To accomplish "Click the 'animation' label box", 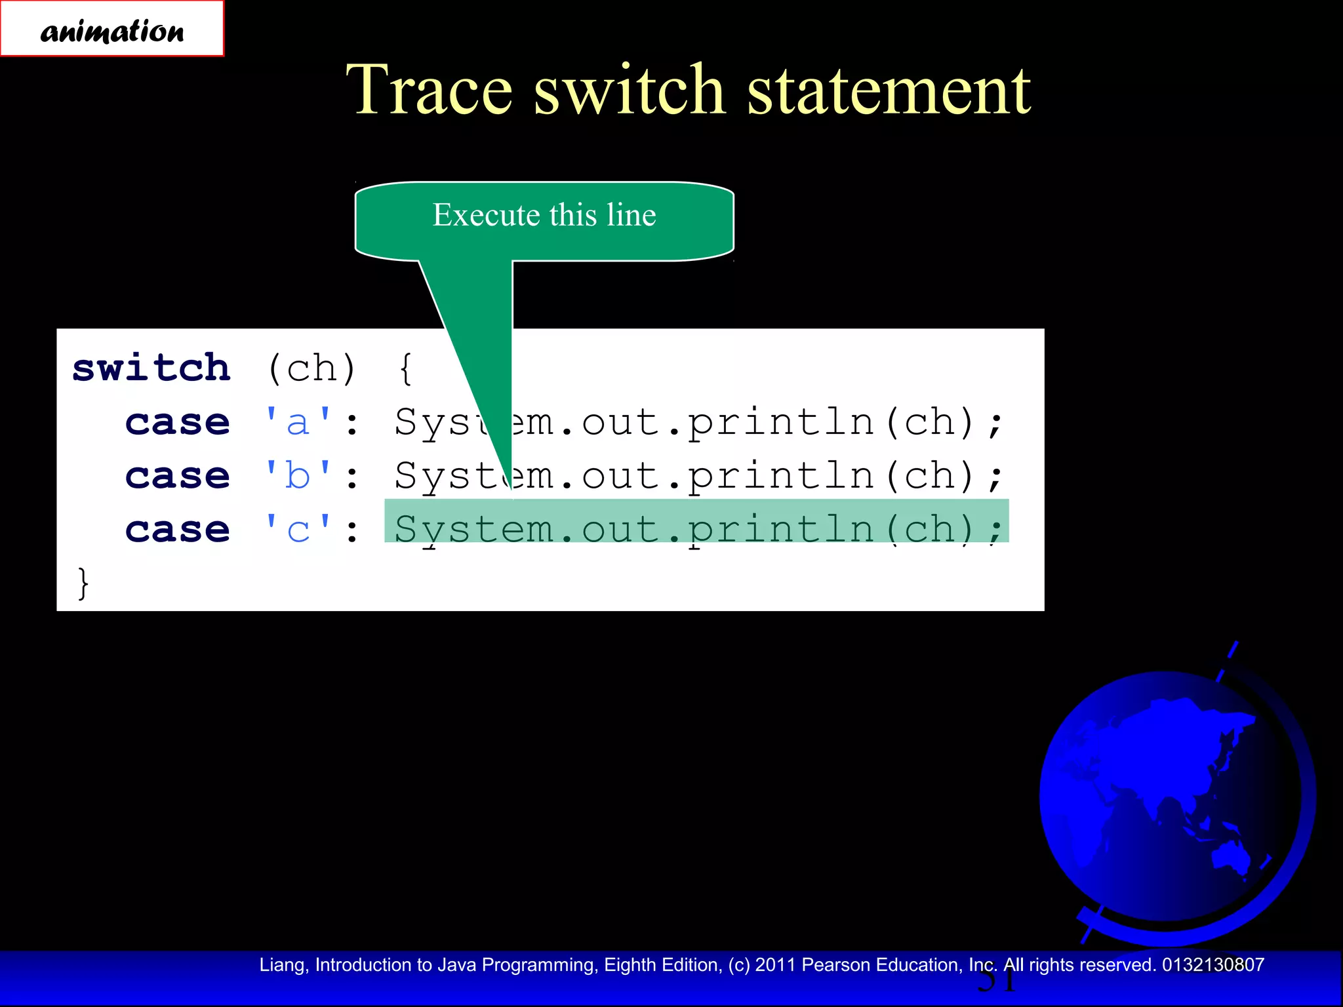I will pos(112,29).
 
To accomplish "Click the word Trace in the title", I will pos(430,90).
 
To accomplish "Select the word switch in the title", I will pos(630,90).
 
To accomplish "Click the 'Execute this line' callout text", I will pos(544,215).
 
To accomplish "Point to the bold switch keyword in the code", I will pos(151,368).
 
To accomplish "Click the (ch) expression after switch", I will pos(312,368).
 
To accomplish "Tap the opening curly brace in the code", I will pos(407,368).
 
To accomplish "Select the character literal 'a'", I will pos(298,422).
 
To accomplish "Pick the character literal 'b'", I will pos(298,475).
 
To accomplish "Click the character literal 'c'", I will pos(298,529).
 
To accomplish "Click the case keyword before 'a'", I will pos(178,422).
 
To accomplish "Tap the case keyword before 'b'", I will pos(178,475).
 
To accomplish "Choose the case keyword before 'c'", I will pos(178,529).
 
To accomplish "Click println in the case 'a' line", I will pos(780,422).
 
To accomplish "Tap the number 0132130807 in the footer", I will pos(1213,965).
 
